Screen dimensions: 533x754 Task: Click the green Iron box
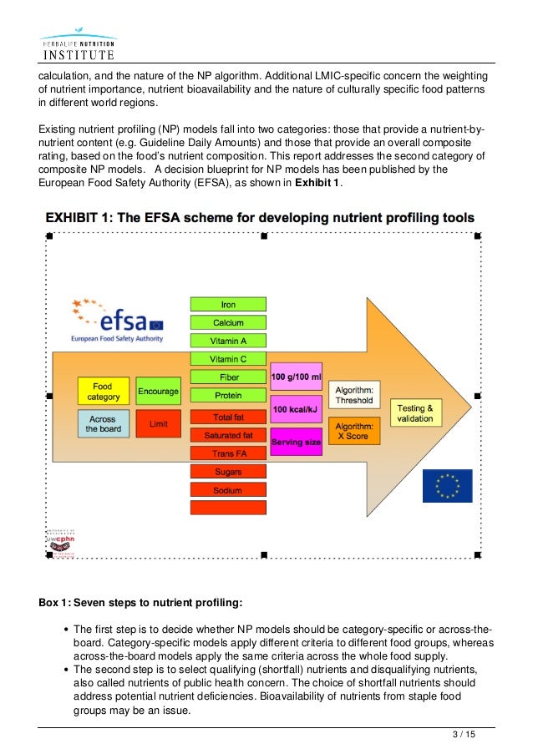pyautogui.click(x=228, y=304)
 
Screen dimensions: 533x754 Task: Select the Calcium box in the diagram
pyautogui.click(x=228, y=322)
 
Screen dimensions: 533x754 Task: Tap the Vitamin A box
pyautogui.click(x=228, y=341)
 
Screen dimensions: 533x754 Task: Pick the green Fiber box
pyautogui.click(x=228, y=377)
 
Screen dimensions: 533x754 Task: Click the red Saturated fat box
pyautogui.click(x=228, y=435)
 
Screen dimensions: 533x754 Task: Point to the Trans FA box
pyautogui.click(x=228, y=453)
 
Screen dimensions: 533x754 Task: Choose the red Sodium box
pyautogui.click(x=228, y=490)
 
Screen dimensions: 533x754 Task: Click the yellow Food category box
pyautogui.click(x=103, y=391)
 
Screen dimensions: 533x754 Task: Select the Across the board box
pyautogui.click(x=103, y=424)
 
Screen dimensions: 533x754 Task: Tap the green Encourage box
pyautogui.click(x=158, y=391)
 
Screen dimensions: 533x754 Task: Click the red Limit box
pyautogui.click(x=158, y=424)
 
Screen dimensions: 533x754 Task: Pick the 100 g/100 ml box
pyautogui.click(x=296, y=377)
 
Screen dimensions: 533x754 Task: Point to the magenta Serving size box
pyautogui.click(x=296, y=442)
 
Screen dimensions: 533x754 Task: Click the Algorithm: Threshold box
pyautogui.click(x=354, y=394)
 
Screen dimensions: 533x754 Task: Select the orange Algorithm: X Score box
pyautogui.click(x=354, y=430)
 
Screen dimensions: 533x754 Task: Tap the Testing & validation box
pyautogui.click(x=415, y=412)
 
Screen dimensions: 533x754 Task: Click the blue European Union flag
pyautogui.click(x=447, y=485)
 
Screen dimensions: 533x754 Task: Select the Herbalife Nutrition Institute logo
pyautogui.click(x=77, y=47)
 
